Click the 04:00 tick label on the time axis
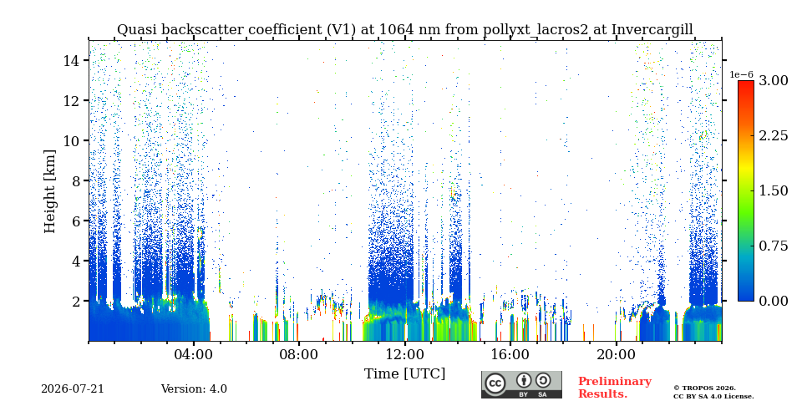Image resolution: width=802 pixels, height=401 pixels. coord(194,355)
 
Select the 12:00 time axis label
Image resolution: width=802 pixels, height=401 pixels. coord(405,355)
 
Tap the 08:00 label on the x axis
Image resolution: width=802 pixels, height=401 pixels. coord(300,355)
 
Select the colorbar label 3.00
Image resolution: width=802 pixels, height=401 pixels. coord(774,81)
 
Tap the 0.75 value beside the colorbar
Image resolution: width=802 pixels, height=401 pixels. coord(774,246)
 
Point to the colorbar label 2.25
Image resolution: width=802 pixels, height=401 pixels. coord(774,136)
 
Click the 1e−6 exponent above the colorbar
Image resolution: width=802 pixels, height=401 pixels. coord(742,74)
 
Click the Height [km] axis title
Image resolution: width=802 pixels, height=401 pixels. coord(49,191)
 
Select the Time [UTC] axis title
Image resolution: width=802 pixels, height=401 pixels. coord(404,373)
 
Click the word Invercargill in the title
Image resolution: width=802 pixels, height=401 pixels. coord(652,30)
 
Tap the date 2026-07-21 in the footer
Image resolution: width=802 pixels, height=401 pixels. coord(73,388)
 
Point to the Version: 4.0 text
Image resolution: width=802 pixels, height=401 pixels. coord(194,388)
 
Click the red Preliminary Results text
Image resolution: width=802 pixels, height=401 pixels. coord(615,387)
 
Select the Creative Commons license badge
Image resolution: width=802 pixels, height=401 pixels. coord(521,384)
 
